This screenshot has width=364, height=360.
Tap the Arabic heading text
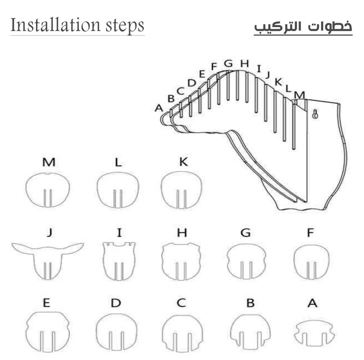(303, 26)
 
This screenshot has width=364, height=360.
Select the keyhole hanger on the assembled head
(315, 114)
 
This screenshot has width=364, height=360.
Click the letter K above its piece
(183, 162)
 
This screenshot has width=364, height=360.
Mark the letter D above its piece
(116, 303)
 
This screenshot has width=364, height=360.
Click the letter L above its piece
(118, 162)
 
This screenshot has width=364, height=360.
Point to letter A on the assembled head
(159, 108)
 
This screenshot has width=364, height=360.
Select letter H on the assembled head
(244, 63)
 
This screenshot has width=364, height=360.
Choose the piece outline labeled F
(311, 261)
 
